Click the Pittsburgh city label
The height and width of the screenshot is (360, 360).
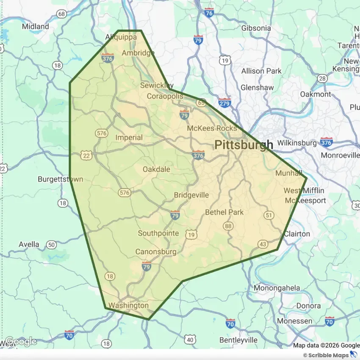pos(244,145)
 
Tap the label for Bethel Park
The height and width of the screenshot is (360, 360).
pos(224,212)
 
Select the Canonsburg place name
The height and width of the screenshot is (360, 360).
pos(155,252)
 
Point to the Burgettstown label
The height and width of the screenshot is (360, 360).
pos(60,179)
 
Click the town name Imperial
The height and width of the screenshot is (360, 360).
pos(129,138)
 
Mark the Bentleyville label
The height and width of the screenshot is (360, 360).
pos(238,340)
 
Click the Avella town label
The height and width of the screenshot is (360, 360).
pos(29,244)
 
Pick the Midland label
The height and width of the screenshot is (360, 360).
pos(36,26)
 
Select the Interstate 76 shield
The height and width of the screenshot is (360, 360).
pos(209,13)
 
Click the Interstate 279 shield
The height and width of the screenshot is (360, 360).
pos(224,102)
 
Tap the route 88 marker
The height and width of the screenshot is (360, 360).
pos(229,226)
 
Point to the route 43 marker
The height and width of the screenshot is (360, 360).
pos(263,244)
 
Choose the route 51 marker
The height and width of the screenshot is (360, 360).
pos(268,215)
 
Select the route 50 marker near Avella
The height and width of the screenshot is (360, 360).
pos(52,244)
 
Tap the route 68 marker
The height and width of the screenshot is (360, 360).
pos(62,14)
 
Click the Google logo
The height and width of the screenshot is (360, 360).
pos(20,341)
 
